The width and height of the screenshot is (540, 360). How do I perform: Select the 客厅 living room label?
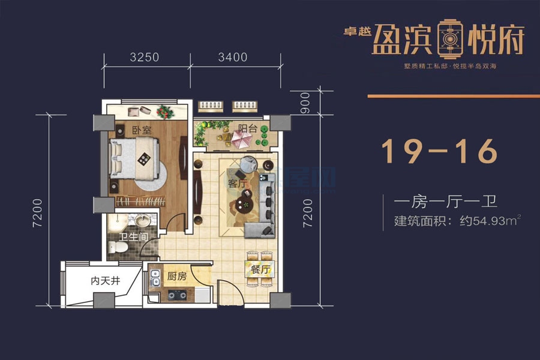click(x=238, y=184)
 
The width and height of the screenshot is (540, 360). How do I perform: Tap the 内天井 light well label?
click(x=103, y=280)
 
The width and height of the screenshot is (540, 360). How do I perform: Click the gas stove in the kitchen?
click(x=178, y=295)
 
